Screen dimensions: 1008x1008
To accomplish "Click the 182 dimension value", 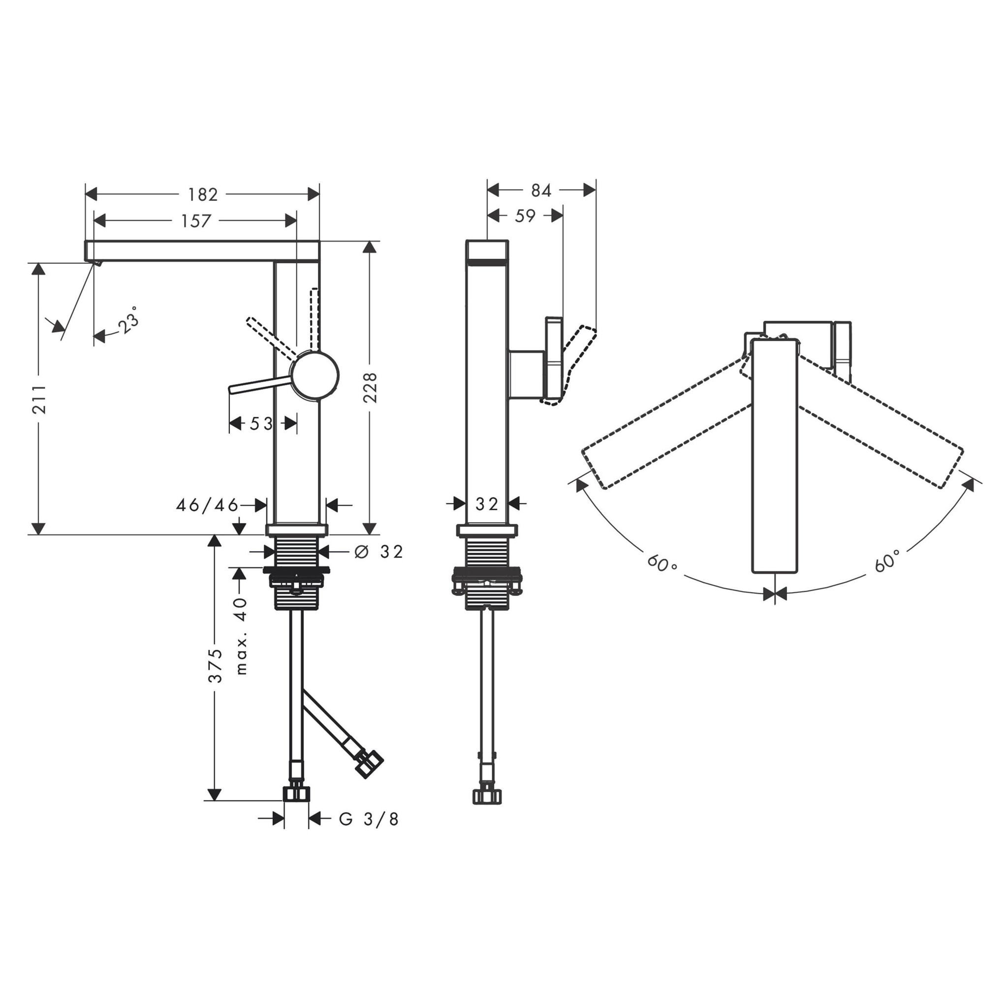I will [x=202, y=194].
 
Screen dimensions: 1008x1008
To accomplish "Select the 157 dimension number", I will [x=196, y=221].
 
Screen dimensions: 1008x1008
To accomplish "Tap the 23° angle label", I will [x=128, y=320].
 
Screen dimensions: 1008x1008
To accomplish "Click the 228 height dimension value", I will [x=370, y=387].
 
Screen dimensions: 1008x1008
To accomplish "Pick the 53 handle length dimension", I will [x=261, y=424].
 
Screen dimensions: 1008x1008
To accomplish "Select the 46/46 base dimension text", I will [x=207, y=505].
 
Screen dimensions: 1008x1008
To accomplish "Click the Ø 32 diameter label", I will [x=379, y=551].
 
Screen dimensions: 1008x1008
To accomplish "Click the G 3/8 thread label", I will [x=369, y=819].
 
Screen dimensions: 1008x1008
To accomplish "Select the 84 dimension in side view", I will [x=541, y=191].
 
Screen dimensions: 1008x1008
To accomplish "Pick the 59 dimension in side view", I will [x=525, y=216].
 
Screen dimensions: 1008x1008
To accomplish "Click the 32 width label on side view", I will [x=487, y=504].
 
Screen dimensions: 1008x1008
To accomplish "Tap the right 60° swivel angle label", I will [x=887, y=561].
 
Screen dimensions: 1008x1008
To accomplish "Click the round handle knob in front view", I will [x=315, y=376].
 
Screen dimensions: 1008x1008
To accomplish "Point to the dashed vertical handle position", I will [x=314, y=318].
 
